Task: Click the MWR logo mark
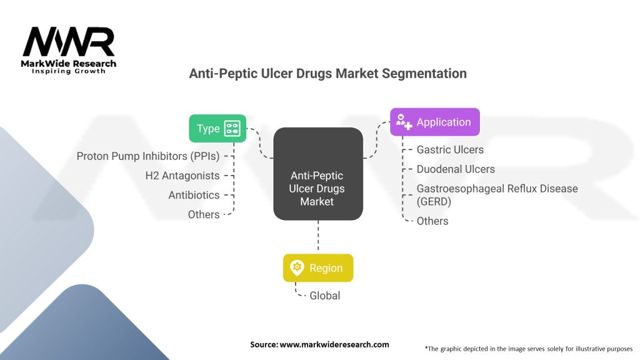(x=69, y=42)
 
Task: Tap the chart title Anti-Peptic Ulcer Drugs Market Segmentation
(x=328, y=74)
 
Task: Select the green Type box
(x=217, y=128)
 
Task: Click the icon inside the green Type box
(x=232, y=128)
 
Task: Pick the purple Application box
(x=435, y=122)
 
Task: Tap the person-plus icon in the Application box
(x=404, y=122)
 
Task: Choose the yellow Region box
(x=318, y=267)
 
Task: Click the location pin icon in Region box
(x=297, y=267)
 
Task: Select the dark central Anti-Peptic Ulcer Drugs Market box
(x=318, y=174)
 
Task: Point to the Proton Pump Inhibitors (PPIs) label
(x=148, y=156)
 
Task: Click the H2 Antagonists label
(x=182, y=176)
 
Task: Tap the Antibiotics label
(x=194, y=195)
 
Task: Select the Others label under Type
(x=204, y=214)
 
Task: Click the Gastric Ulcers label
(x=450, y=149)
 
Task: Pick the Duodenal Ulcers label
(x=456, y=169)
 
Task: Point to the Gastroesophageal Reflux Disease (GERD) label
(x=497, y=194)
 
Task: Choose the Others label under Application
(x=432, y=221)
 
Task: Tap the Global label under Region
(x=325, y=296)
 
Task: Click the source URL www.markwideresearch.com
(x=334, y=344)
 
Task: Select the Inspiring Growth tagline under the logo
(x=69, y=71)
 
